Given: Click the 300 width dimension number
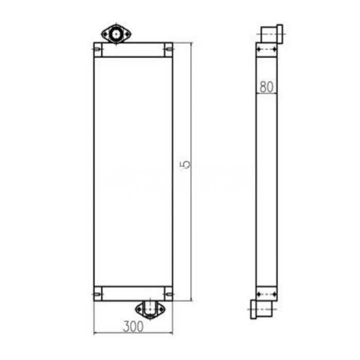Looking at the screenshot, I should pyautogui.click(x=133, y=326).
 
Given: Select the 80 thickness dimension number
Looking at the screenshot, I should pyautogui.click(x=266, y=86).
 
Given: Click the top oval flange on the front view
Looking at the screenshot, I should pyautogui.click(x=116, y=34).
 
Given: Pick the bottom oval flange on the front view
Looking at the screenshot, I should pyautogui.click(x=150, y=309).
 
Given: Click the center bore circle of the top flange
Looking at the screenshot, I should pyautogui.click(x=116, y=34).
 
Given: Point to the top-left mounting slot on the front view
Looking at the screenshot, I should pyautogui.click(x=97, y=49).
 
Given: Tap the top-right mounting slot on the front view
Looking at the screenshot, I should pyautogui.click(x=168, y=49).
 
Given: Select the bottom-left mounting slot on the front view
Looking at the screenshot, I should pyautogui.click(x=97, y=294).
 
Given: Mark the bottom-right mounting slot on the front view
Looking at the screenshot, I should pyautogui.click(x=168, y=294).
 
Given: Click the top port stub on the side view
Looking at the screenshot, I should pyautogui.click(x=268, y=34).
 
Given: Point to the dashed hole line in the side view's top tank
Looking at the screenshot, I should pyautogui.click(x=266, y=49).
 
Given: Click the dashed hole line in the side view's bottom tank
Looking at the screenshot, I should pyautogui.click(x=266, y=294).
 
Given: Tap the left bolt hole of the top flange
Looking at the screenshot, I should pyautogui.click(x=106, y=34).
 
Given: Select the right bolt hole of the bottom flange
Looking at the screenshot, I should pyautogui.click(x=159, y=309).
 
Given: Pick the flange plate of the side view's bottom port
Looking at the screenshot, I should pyautogui.click(x=253, y=309).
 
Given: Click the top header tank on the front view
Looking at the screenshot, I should pyautogui.click(x=133, y=49).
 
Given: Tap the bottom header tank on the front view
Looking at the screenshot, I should pyautogui.click(x=133, y=294).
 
